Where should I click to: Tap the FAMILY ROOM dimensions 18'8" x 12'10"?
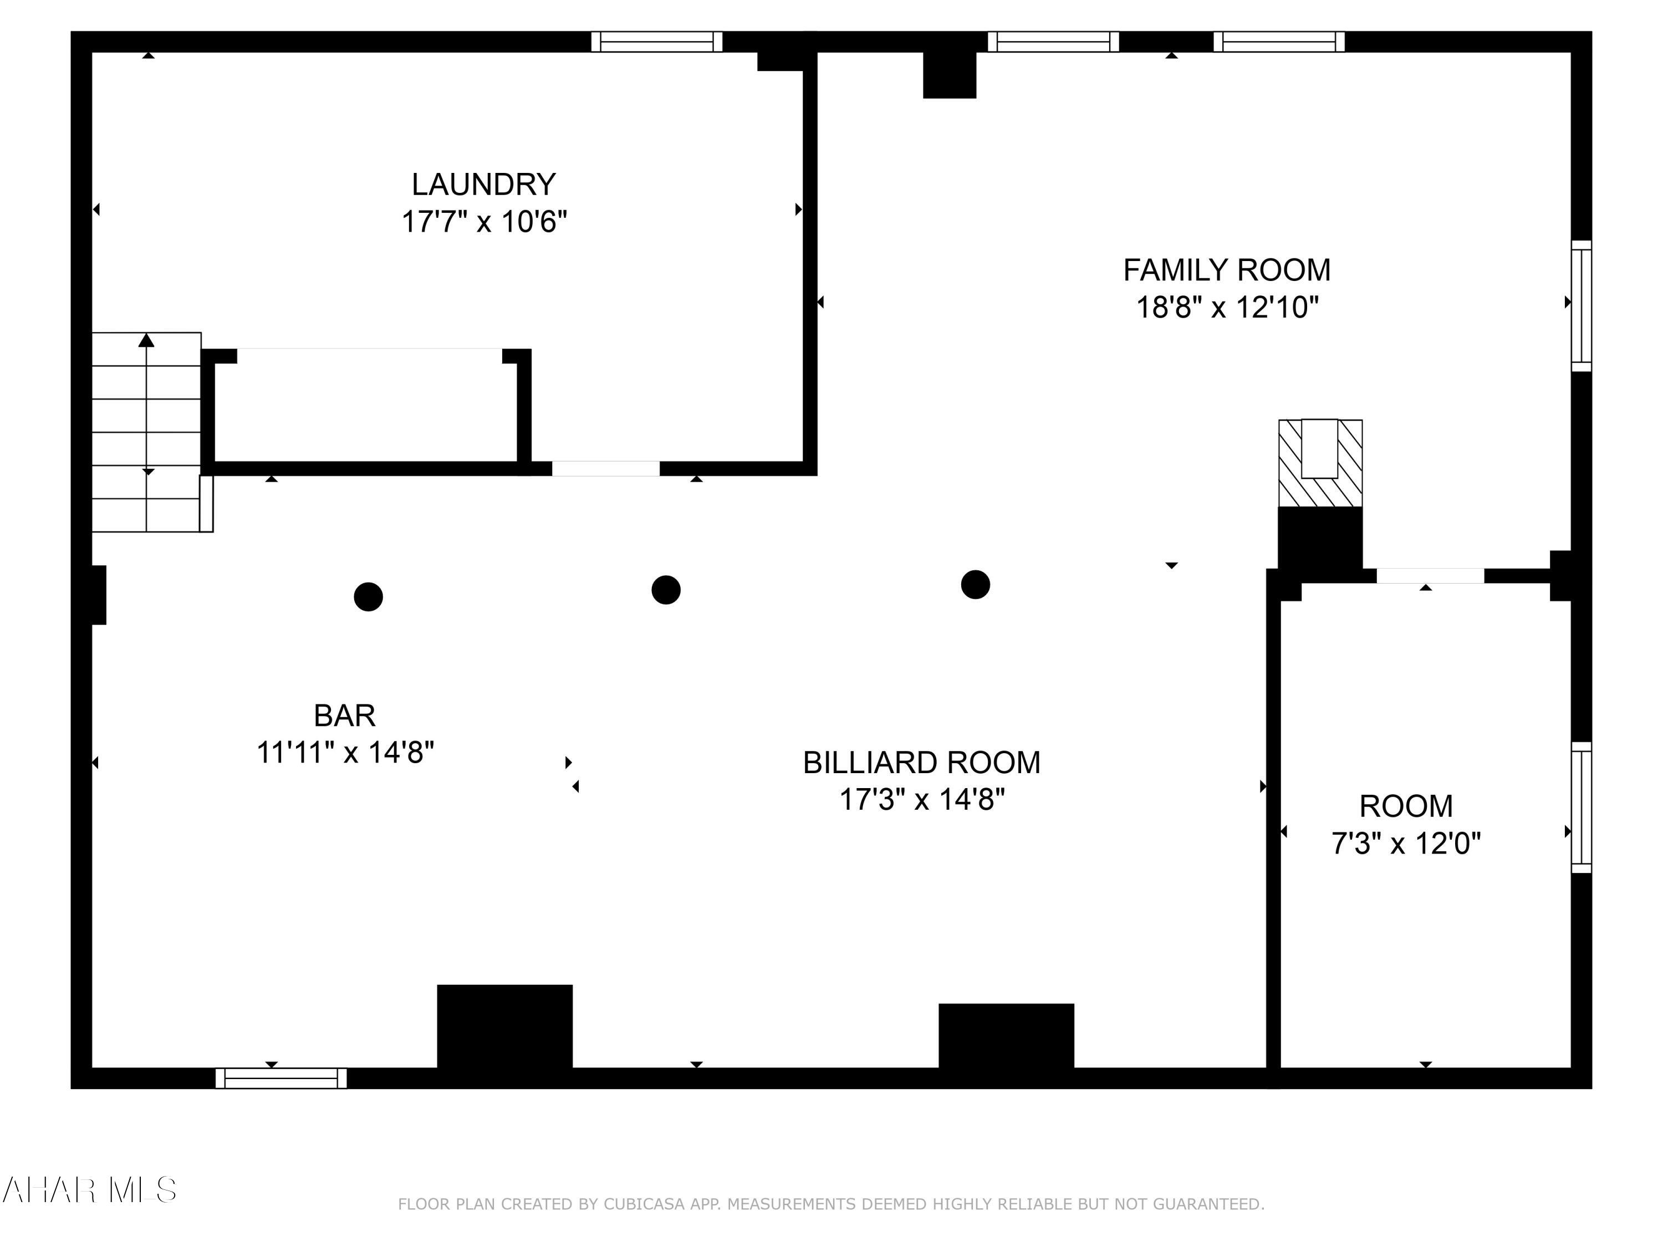coord(1227,308)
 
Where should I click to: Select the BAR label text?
coord(344,716)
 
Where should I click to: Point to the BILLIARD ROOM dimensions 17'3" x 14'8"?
coord(922,800)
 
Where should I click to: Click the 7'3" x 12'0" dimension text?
coord(1405,844)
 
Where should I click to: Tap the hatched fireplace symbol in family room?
coord(1320,463)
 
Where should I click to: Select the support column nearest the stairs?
coord(369,597)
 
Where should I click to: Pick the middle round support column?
coord(666,590)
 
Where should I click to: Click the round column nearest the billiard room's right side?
coord(975,584)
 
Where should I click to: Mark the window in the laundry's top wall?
coord(656,42)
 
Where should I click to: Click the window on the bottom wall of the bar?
coord(281,1078)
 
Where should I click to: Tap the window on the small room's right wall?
coord(1581,808)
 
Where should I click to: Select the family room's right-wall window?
coord(1581,305)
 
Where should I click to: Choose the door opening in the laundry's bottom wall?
coord(606,468)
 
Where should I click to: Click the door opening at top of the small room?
coord(1430,576)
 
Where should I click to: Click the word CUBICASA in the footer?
coord(644,1204)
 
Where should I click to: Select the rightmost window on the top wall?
coord(1279,42)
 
